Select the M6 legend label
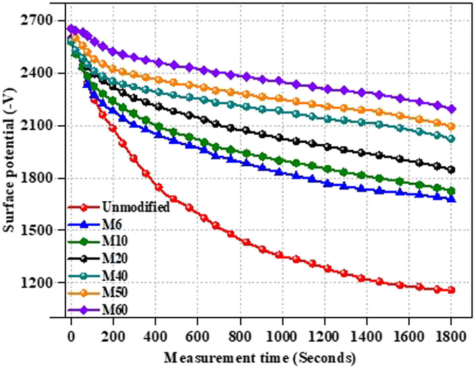tap(112, 224)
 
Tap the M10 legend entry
tap(115, 241)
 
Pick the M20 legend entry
tap(115, 258)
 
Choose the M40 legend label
tap(115, 275)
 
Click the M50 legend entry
tap(115, 292)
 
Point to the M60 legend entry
tap(115, 309)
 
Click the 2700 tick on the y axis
tap(41, 21)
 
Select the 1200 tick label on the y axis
tap(41, 283)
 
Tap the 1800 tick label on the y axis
tap(41, 178)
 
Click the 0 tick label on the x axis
tap(72, 336)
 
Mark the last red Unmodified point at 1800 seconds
tap(451, 291)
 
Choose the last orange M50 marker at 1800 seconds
tap(451, 126)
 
